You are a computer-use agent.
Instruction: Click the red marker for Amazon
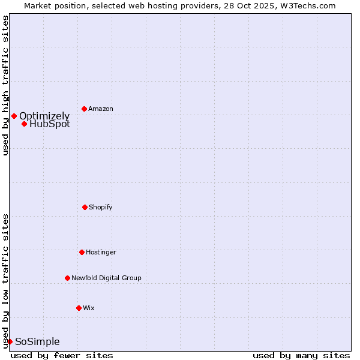coord(84,109)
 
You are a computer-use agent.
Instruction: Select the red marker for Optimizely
coord(14,116)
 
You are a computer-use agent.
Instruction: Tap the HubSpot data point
coord(24,124)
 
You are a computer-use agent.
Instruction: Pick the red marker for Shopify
coord(85,207)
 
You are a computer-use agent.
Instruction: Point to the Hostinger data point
coord(82,252)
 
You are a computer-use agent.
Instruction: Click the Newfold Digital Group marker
coord(67,278)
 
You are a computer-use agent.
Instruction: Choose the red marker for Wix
coord(79,308)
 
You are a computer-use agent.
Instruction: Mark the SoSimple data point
coord(10,341)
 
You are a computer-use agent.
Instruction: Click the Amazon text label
coord(101,109)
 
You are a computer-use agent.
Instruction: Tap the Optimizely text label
coord(44,116)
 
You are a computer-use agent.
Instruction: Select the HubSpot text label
coord(50,124)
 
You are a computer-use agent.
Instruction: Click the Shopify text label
coord(101,207)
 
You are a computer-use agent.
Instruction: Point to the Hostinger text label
coord(101,252)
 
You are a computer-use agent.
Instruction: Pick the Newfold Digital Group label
coord(106,278)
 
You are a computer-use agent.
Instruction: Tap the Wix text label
coord(89,308)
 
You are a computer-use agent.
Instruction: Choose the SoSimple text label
coord(37,341)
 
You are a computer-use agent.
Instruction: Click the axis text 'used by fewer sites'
coord(62,355)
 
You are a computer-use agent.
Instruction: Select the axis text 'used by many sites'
coord(301,355)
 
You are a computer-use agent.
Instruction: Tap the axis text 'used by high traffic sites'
coord(5,85)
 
